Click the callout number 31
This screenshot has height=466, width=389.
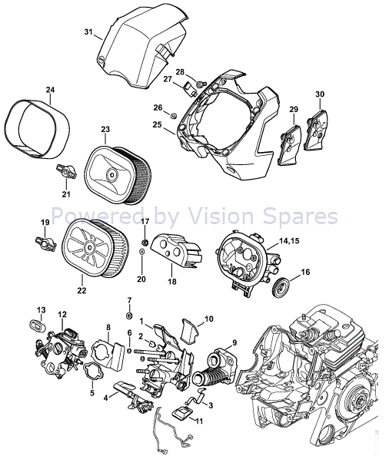point(88,32)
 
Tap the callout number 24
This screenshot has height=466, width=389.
point(50,90)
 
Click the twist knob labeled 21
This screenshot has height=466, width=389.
point(65,170)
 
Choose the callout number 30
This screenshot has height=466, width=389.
point(320,94)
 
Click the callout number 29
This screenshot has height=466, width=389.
point(293,111)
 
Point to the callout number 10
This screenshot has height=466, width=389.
point(208,318)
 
